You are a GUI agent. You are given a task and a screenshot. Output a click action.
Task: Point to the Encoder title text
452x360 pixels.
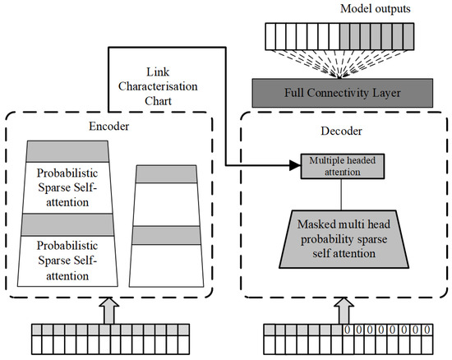[108, 128]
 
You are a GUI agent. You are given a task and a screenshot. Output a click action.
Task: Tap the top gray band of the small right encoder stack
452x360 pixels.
[168, 174]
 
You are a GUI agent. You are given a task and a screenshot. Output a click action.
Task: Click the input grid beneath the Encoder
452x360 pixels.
[109, 339]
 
